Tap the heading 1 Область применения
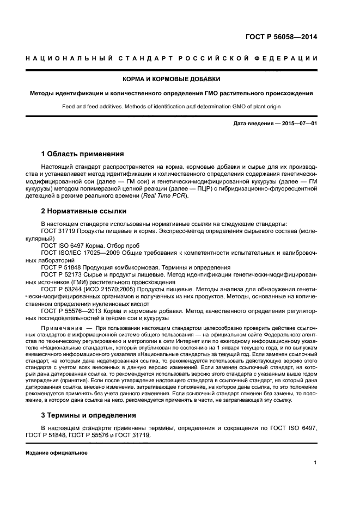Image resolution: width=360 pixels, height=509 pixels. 79,154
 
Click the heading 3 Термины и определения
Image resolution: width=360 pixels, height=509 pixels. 89,415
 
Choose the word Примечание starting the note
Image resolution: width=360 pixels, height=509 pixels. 60,328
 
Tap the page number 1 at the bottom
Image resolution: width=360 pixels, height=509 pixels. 315,463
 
